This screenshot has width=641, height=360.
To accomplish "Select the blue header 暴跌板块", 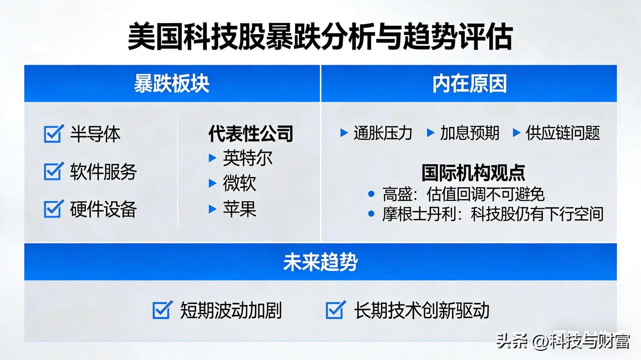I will (171, 84).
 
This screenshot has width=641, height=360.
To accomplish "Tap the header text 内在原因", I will (469, 84).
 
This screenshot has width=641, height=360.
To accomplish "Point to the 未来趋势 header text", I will (320, 262).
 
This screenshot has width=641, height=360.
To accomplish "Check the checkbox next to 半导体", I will (54, 134).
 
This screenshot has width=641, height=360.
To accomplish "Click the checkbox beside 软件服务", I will (54, 171).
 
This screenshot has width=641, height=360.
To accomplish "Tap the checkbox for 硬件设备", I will (54, 209).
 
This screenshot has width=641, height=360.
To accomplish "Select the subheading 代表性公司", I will (250, 134).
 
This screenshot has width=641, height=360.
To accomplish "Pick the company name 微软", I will (239, 184).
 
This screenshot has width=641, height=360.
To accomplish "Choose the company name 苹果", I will (239, 209).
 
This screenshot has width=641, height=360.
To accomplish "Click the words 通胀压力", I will (383, 133).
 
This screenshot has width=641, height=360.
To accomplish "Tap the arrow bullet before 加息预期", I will (430, 133).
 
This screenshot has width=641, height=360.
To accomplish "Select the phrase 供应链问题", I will (562, 133).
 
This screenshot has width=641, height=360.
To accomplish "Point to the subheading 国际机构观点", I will (473, 173).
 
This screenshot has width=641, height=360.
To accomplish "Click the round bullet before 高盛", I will (371, 194).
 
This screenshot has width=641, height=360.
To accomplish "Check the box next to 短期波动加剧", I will (163, 310).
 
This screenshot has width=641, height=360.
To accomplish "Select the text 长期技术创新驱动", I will (422, 310).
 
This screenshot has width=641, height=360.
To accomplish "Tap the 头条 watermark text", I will (511, 342).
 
